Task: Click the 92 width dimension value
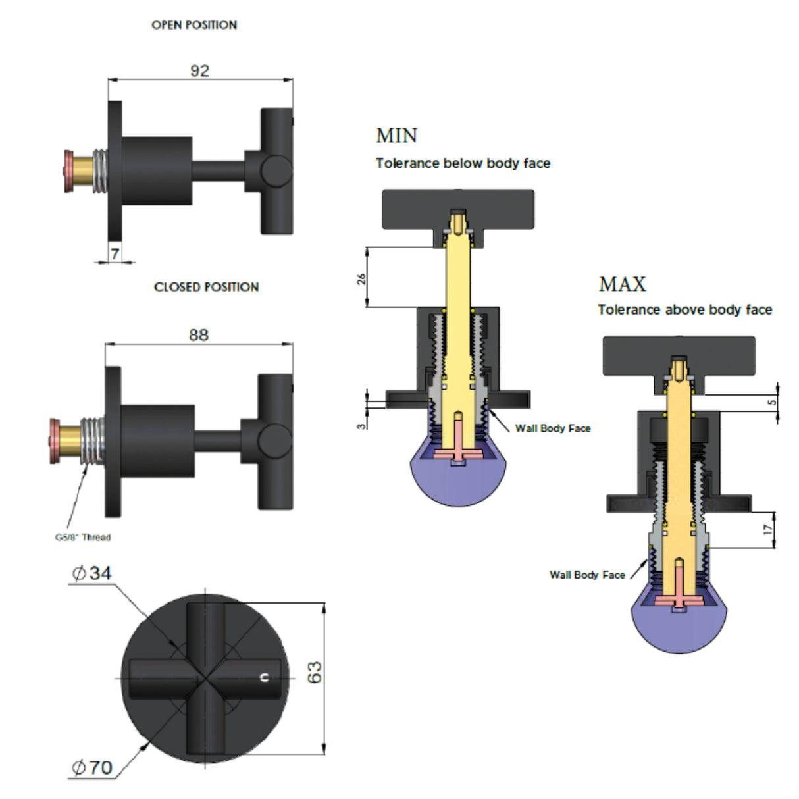(x=199, y=70)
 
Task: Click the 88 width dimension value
(x=199, y=335)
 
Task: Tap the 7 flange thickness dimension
(x=115, y=253)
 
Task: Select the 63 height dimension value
(x=315, y=672)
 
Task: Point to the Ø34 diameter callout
(x=92, y=573)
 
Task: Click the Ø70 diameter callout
(x=92, y=767)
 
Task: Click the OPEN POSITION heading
(x=194, y=25)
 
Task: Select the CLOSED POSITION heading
(x=206, y=287)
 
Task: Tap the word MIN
(x=396, y=136)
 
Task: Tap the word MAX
(x=623, y=284)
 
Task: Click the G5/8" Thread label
(x=82, y=537)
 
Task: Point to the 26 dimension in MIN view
(x=361, y=279)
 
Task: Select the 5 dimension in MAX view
(x=772, y=401)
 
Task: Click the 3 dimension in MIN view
(x=361, y=426)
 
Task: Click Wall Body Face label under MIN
(x=553, y=428)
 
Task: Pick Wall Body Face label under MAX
(x=587, y=575)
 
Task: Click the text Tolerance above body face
(x=684, y=310)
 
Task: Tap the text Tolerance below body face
(x=463, y=163)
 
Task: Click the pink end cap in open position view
(x=68, y=172)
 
